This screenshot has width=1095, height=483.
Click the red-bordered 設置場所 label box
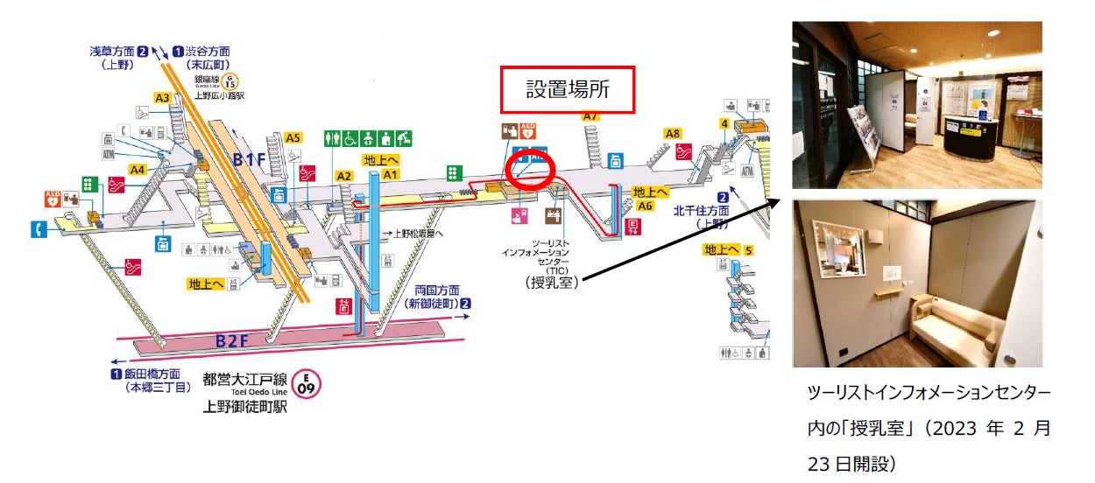coord(567,88)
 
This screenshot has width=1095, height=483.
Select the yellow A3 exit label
coord(162,98)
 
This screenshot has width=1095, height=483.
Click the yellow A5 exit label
coord(293,137)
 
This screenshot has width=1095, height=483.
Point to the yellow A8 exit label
coord(672,134)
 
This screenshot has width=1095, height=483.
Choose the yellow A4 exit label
coord(138,169)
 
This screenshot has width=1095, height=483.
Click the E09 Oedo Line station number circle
coord(307,383)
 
